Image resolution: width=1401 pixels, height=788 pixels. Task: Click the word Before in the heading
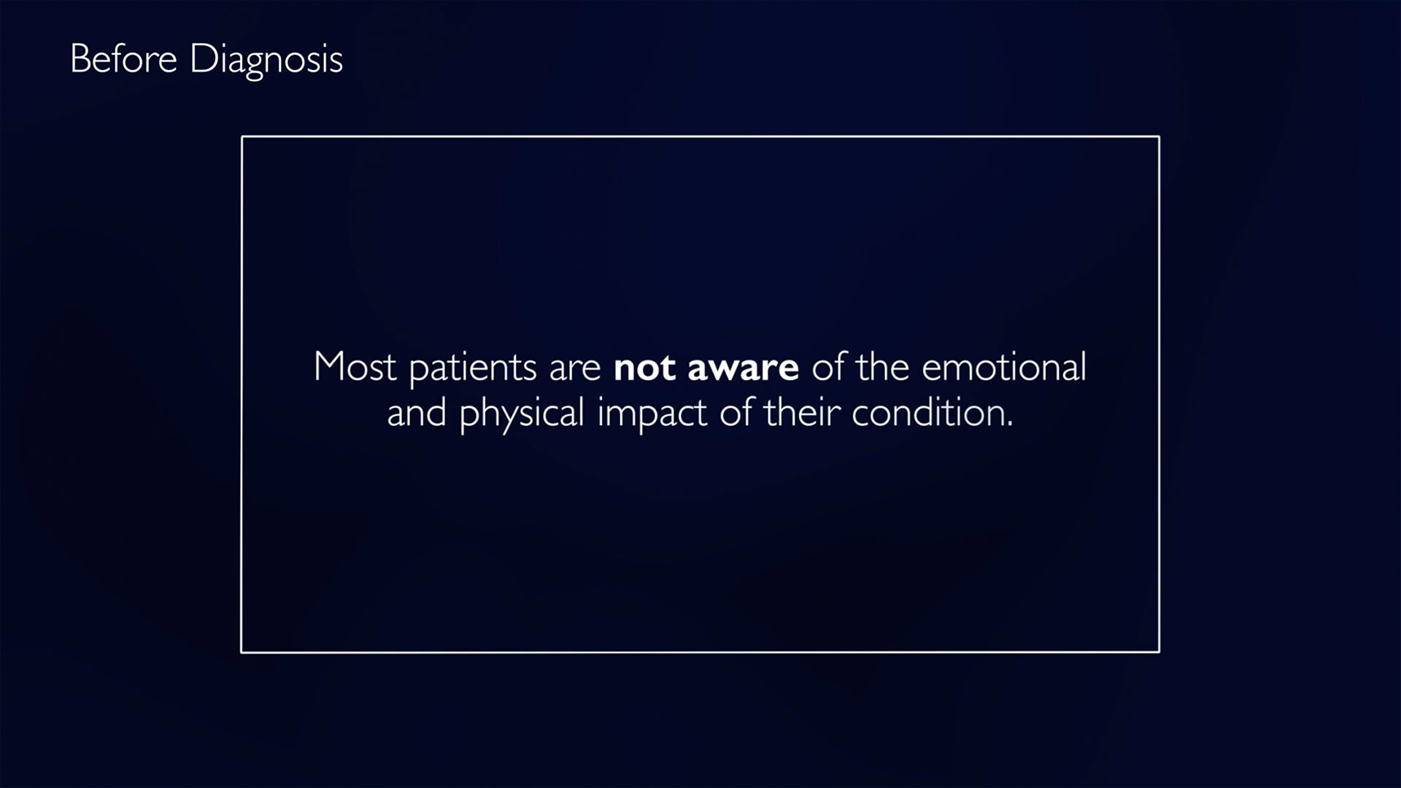pyautogui.click(x=123, y=58)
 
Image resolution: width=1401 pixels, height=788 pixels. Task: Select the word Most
pyautogui.click(x=355, y=366)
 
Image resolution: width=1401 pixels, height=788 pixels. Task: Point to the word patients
pyautogui.click(x=473, y=368)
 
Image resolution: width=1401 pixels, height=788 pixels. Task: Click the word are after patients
pyautogui.click(x=575, y=370)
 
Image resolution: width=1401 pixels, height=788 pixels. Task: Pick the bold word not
pyautogui.click(x=644, y=368)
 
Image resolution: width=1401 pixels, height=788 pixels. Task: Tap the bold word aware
pyautogui.click(x=743, y=369)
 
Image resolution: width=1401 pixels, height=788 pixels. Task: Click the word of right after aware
pyautogui.click(x=828, y=366)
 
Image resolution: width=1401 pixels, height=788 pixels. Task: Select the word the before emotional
pyautogui.click(x=882, y=366)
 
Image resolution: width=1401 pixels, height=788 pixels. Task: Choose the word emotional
pyautogui.click(x=1004, y=366)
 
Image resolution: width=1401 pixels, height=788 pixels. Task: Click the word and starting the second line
pyautogui.click(x=417, y=413)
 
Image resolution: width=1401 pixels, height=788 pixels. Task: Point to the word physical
pyautogui.click(x=522, y=414)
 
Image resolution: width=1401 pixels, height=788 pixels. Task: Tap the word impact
pyautogui.click(x=652, y=414)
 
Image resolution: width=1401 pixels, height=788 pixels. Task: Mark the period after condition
pyautogui.click(x=1009, y=425)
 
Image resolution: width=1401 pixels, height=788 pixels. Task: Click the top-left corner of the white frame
pyautogui.click(x=242, y=136)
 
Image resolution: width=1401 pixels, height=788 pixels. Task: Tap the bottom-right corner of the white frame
pyautogui.click(x=1159, y=652)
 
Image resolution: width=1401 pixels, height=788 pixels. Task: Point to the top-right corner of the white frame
pyautogui.click(x=1159, y=136)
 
